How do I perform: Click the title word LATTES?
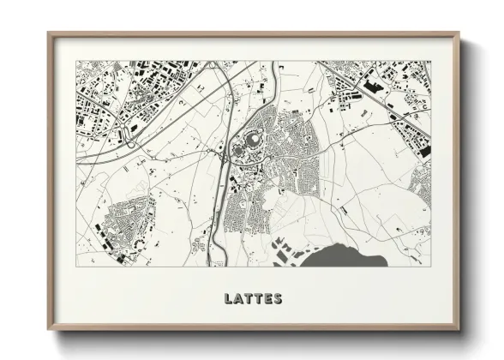point(252,298)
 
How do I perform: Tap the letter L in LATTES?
point(229,298)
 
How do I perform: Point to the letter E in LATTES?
point(267,298)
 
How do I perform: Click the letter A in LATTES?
point(238,298)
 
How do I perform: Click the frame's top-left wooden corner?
point(51,35)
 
